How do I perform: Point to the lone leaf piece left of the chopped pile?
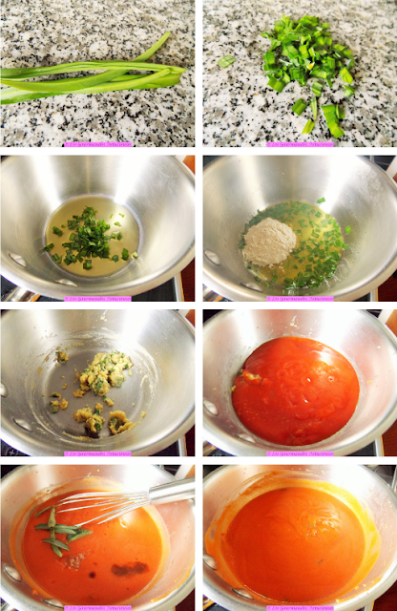(225, 61)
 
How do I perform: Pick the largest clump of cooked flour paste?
(101, 372)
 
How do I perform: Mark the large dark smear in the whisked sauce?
(129, 569)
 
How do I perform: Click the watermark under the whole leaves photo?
(97, 144)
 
